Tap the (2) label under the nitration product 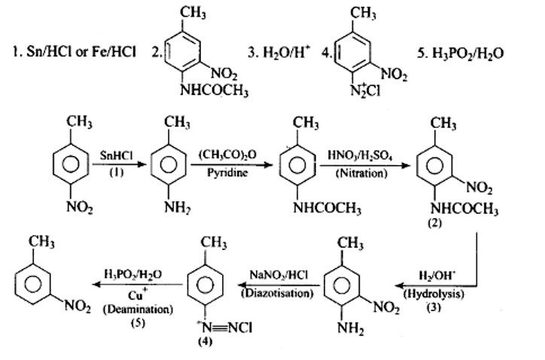click(x=434, y=223)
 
